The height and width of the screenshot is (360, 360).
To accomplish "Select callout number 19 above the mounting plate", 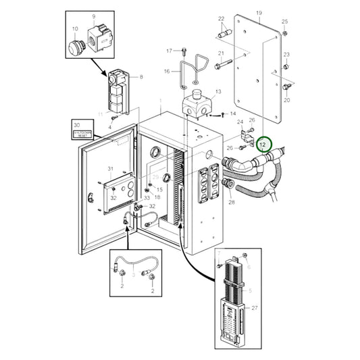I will pyautogui.click(x=259, y=13).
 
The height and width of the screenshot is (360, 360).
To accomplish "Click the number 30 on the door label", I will pyautogui.click(x=76, y=126).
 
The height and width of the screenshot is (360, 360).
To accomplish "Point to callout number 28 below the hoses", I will pyautogui.click(x=232, y=202).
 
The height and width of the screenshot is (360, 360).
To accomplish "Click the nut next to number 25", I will pyautogui.click(x=285, y=34).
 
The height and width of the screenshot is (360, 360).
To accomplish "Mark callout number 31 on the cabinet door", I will pyautogui.click(x=111, y=169).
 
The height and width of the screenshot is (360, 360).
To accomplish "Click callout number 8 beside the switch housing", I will pyautogui.click(x=141, y=77).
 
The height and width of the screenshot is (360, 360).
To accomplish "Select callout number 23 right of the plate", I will pyautogui.click(x=286, y=55).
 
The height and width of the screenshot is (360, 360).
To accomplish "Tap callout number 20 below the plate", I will pyautogui.click(x=286, y=100).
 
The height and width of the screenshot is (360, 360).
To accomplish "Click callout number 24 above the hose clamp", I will pyautogui.click(x=238, y=122).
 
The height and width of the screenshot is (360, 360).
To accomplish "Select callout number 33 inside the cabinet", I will pyautogui.click(x=146, y=197).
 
